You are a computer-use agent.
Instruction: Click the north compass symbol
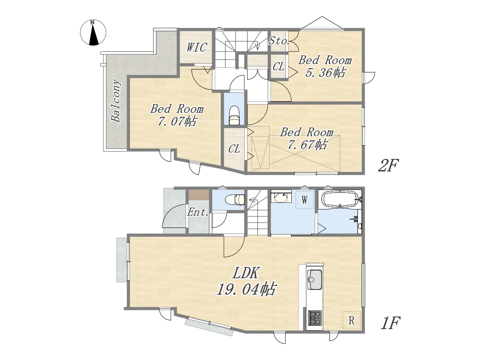93,32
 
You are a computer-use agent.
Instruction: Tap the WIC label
196,47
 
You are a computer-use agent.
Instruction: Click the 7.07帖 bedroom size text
177,121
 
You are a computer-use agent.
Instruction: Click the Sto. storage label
279,40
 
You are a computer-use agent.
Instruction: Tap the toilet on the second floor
234,115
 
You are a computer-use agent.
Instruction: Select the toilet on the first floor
235,199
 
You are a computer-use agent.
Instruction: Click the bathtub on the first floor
340,199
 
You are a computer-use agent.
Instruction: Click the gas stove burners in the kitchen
315,318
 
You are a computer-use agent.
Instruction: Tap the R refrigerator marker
351,320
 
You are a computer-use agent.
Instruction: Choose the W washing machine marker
304,200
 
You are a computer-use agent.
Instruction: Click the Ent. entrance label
198,212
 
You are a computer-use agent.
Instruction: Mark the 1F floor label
390,323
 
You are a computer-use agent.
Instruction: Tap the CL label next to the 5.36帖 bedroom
278,66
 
